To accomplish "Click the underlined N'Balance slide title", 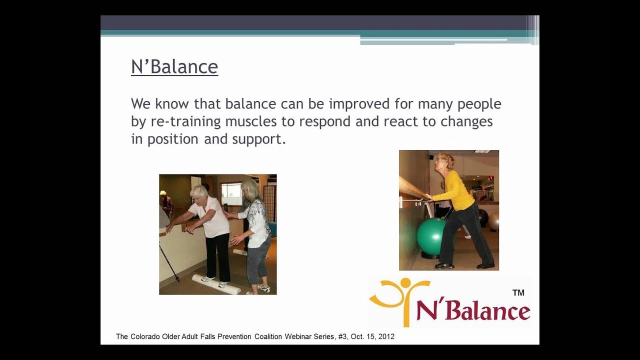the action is [x=174, y=67].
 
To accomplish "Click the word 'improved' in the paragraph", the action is [x=359, y=104].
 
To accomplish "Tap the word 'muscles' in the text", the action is [x=251, y=121].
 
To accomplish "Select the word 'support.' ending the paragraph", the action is [x=259, y=139].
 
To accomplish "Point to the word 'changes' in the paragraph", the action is [x=466, y=121].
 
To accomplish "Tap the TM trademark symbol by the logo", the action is [x=518, y=293].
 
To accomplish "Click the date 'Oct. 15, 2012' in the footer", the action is [x=372, y=337].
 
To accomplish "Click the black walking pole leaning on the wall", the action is [x=169, y=262].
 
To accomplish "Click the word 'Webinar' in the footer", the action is [x=298, y=336].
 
